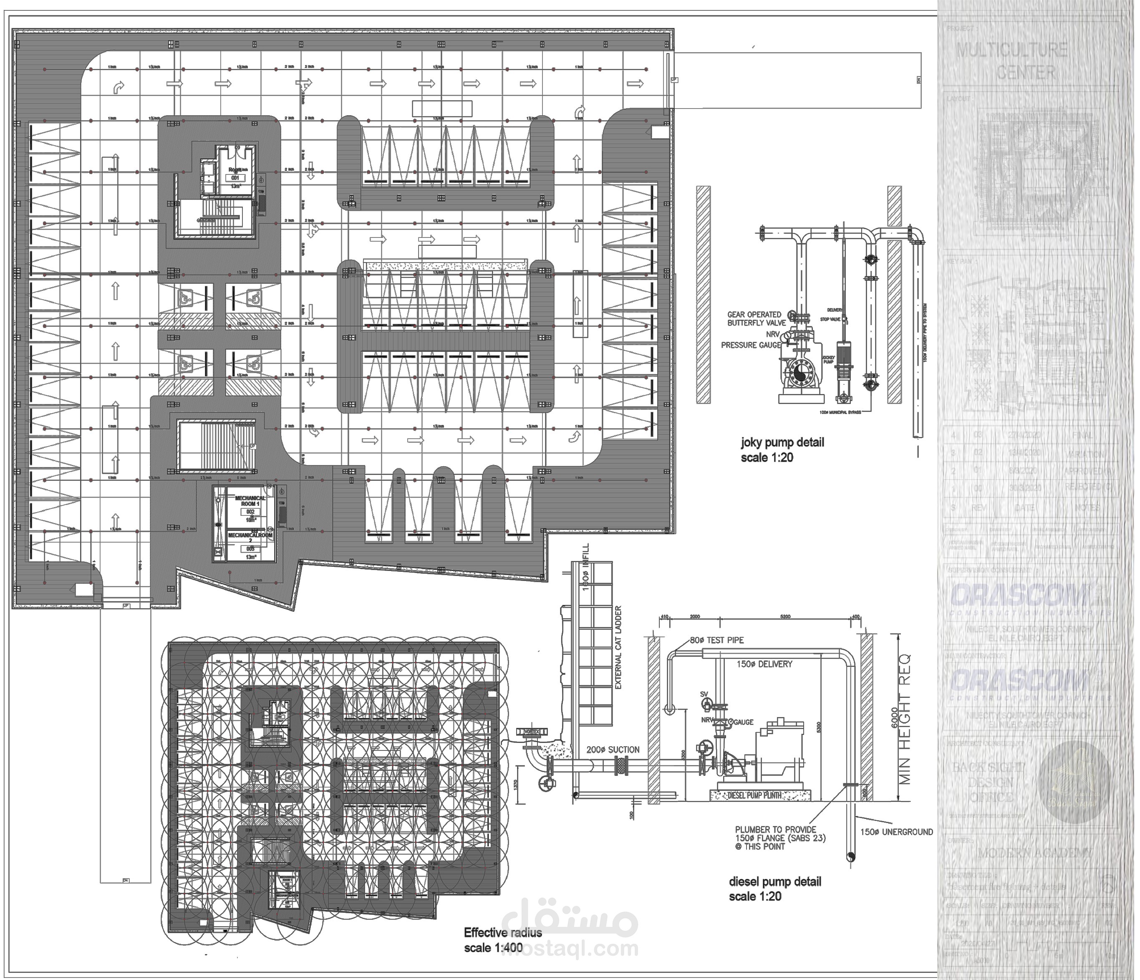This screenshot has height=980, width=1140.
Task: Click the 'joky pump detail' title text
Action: click(782, 442)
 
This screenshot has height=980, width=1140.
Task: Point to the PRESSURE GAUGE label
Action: click(750, 345)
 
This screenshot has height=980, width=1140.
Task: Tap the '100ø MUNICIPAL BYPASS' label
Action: click(840, 412)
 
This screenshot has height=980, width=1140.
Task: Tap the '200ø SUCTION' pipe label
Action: click(613, 750)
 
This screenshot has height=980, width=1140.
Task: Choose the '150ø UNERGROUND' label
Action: click(896, 832)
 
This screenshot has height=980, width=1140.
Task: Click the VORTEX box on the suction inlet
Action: click(532, 732)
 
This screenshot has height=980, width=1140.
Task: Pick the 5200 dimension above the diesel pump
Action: click(785, 617)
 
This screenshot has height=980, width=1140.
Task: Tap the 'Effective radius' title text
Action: click(502, 933)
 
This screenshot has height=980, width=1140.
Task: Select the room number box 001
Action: click(235, 178)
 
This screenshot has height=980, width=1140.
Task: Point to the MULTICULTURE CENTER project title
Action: click(1011, 61)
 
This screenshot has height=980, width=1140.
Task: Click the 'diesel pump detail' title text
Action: click(774, 882)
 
